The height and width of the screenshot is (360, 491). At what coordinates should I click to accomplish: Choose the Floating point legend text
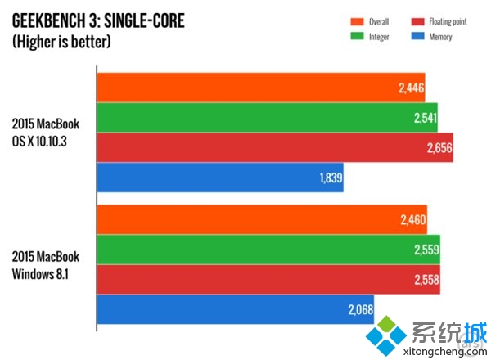448,21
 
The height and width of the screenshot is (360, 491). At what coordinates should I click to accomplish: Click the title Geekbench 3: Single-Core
97,20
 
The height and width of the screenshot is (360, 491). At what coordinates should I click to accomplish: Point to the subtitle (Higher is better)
61,41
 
